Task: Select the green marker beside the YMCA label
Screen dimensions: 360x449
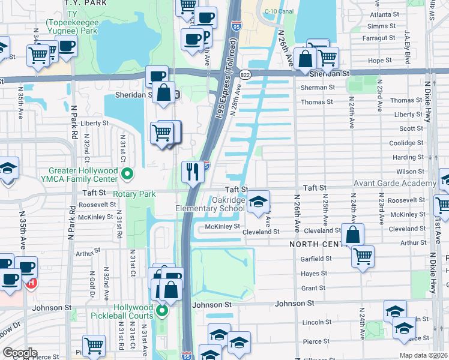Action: [127, 175]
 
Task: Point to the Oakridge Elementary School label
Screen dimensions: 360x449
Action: [210, 204]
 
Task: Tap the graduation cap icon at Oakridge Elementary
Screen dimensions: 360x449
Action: [258, 202]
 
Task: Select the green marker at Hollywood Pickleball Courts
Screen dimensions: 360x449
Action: [162, 311]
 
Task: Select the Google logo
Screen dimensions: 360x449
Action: [20, 353]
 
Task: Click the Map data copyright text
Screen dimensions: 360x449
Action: [423, 355]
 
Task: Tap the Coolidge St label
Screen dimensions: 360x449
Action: [406, 143]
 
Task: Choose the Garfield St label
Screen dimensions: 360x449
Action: [318, 259]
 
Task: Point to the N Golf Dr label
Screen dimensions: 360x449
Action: [91, 284]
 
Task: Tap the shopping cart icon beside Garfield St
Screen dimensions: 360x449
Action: [363, 256]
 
